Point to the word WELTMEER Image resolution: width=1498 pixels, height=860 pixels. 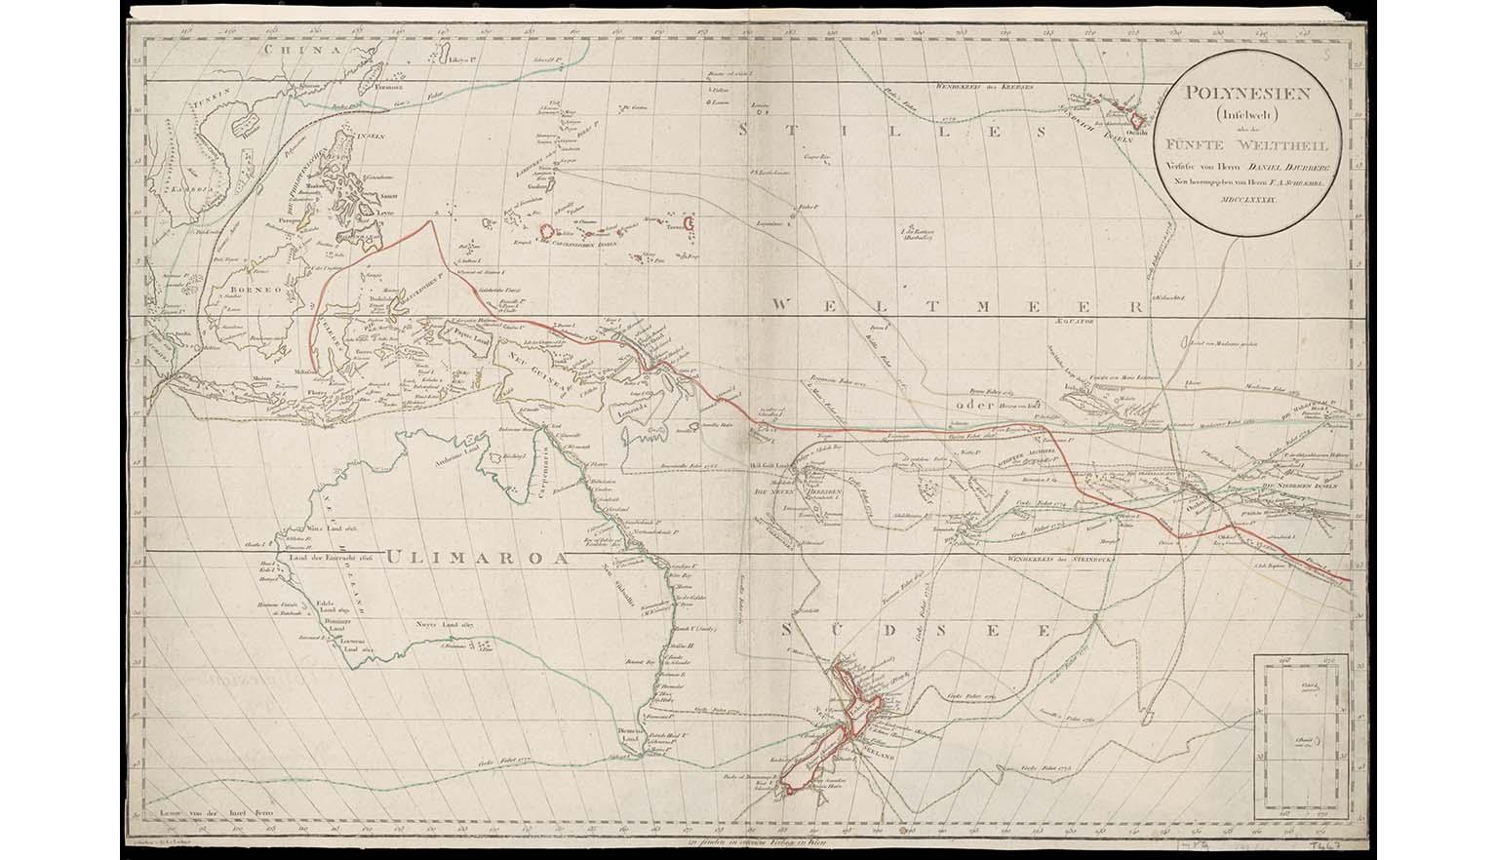click(956, 305)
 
